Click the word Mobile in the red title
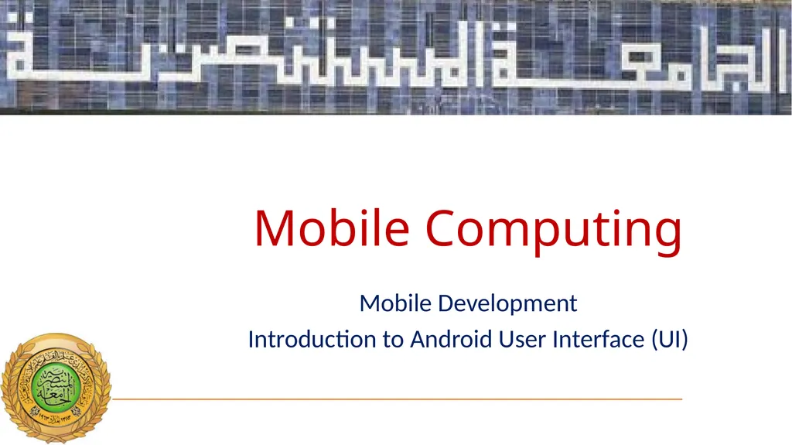coord(331,228)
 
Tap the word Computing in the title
coord(554,230)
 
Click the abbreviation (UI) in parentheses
coord(669,339)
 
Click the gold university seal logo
coord(56,388)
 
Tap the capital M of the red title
coord(277,228)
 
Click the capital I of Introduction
coord(251,339)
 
